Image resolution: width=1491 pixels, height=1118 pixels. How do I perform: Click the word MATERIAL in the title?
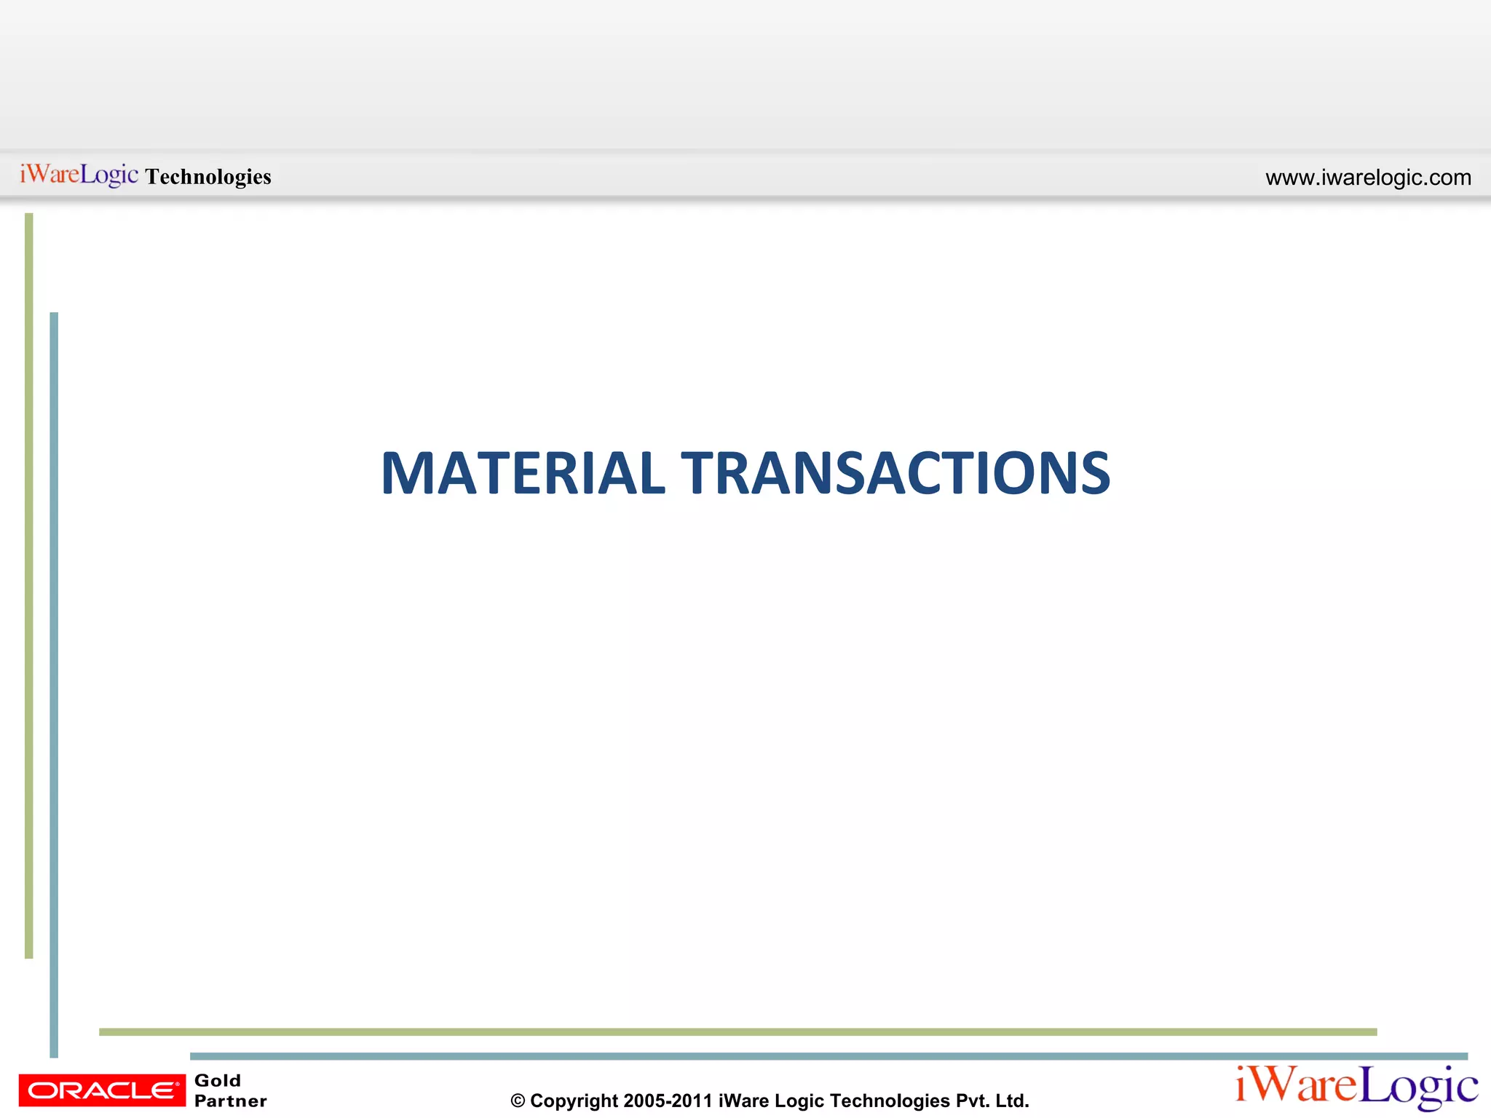click(x=522, y=474)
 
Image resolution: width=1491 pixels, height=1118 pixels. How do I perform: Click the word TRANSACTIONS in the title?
click(x=895, y=474)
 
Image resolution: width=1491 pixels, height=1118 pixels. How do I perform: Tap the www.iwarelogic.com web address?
click(x=1368, y=178)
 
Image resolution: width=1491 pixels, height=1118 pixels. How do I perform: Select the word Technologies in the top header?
click(x=208, y=177)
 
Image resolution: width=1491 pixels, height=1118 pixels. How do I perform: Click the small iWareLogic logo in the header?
click(x=79, y=175)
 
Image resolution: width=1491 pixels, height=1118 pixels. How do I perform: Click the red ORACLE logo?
click(x=102, y=1090)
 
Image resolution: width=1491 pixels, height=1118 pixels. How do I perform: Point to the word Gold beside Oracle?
click(x=218, y=1080)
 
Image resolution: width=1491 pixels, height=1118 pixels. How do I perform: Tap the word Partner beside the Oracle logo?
click(x=231, y=1101)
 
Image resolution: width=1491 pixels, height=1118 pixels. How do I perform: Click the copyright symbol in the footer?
click(x=518, y=1101)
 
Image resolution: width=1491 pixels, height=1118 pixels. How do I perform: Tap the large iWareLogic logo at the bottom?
click(x=1356, y=1087)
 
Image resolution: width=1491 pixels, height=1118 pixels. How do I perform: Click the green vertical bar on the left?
click(x=29, y=582)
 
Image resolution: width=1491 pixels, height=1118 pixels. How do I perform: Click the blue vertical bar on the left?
click(x=54, y=684)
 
